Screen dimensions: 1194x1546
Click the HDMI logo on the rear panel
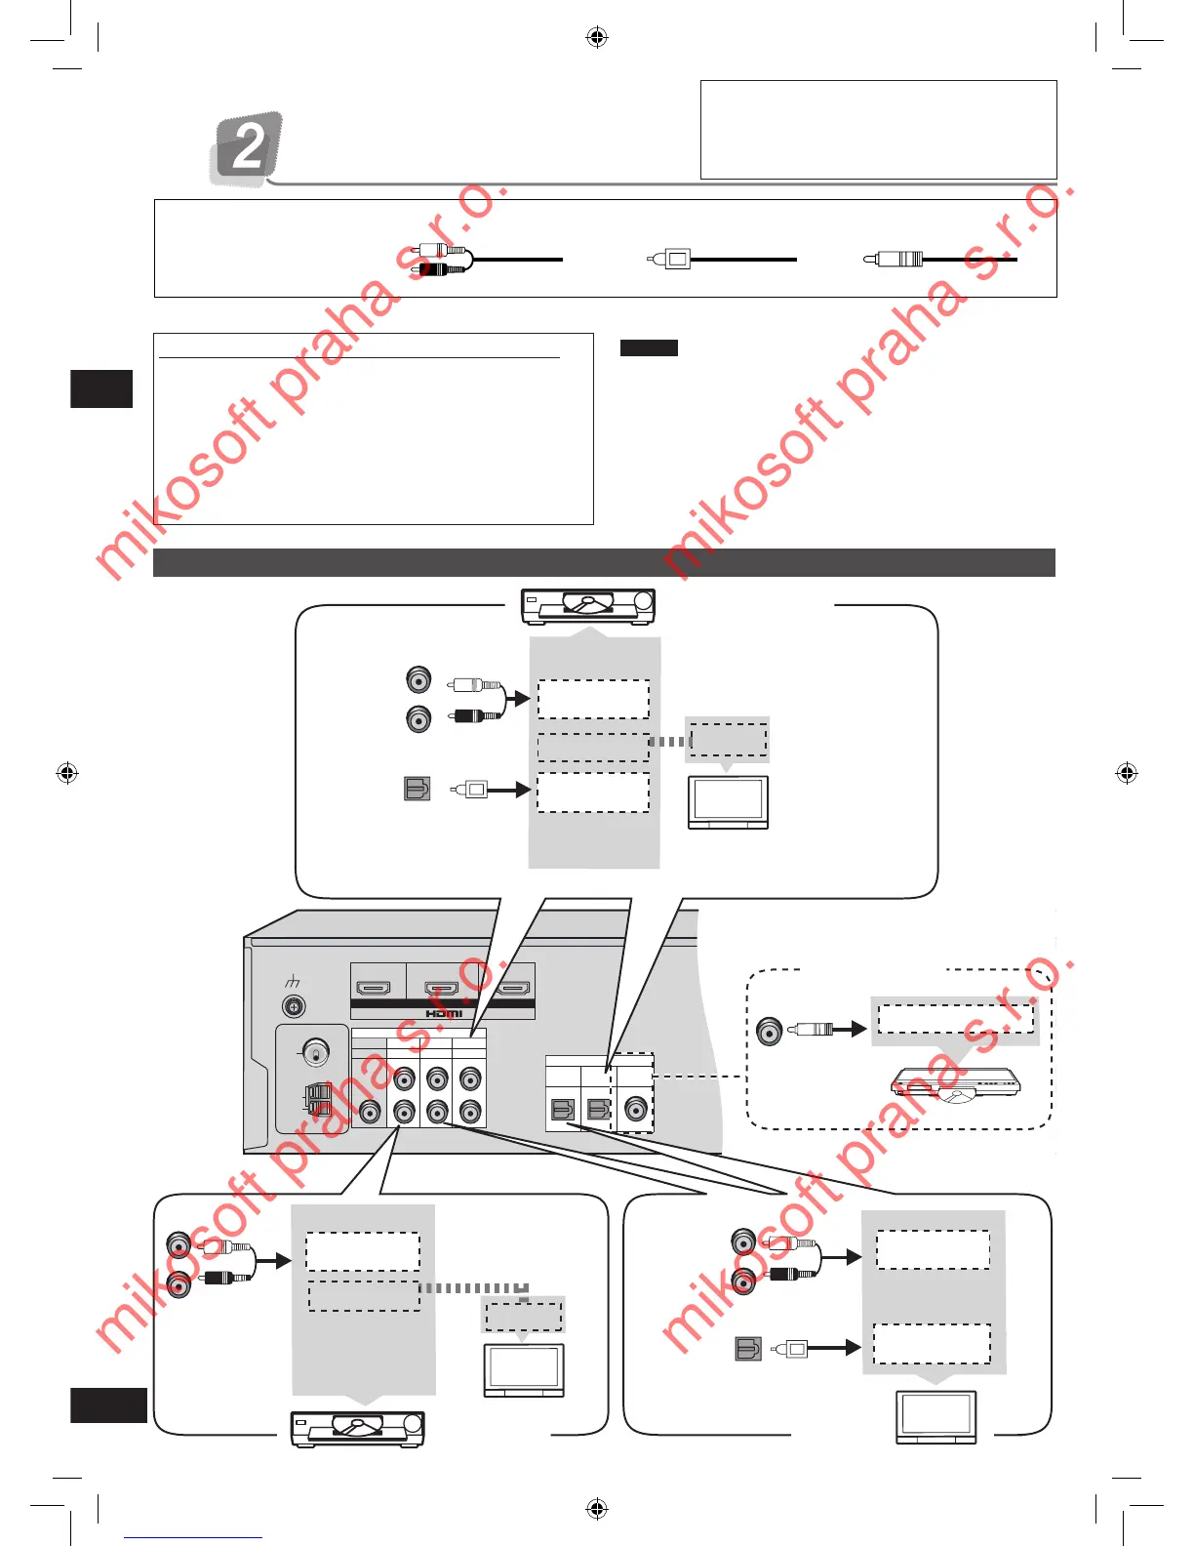(444, 1013)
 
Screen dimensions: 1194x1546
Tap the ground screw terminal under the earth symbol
(293, 1006)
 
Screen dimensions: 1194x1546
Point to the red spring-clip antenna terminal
(319, 1100)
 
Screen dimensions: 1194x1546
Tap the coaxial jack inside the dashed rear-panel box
(636, 1110)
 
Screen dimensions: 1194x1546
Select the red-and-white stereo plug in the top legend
(441, 260)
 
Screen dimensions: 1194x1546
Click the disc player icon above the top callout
(588, 606)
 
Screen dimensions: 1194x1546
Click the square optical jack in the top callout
(418, 788)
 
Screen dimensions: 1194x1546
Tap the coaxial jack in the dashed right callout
(770, 1031)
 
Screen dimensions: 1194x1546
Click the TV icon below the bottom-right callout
(935, 1416)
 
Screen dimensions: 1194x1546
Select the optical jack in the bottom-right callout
(747, 1349)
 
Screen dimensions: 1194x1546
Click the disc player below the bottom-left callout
(358, 1428)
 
